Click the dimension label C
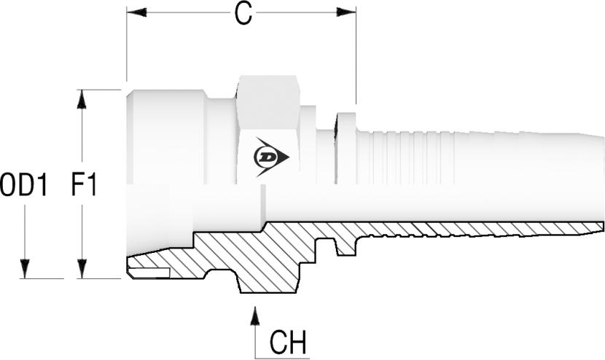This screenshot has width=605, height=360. pyautogui.click(x=243, y=15)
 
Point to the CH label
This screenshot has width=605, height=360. pyautogui.click(x=287, y=342)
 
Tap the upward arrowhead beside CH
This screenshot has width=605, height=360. pyautogui.click(x=255, y=316)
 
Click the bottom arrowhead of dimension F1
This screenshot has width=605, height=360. pyautogui.click(x=82, y=269)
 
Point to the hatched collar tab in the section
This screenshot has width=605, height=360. pyautogui.click(x=346, y=244)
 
